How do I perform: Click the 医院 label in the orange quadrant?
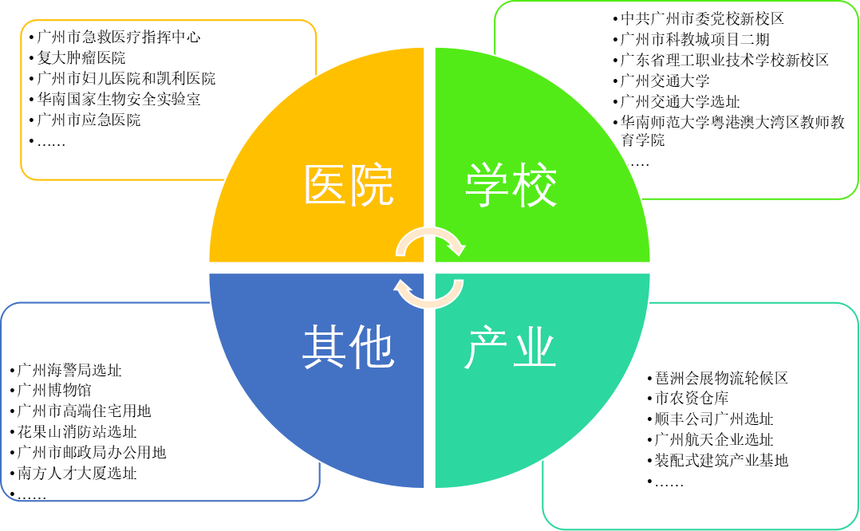(349, 186)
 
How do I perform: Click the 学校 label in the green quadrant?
(511, 186)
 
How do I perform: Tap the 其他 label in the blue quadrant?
(349, 348)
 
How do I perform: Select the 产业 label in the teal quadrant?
(511, 348)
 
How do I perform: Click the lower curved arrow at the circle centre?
(431, 294)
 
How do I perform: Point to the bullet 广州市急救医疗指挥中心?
(119, 37)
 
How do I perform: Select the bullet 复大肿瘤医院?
(81, 58)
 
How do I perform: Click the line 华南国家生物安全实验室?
(119, 100)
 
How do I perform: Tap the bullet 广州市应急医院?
(89, 120)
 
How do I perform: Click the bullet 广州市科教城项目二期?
(695, 39)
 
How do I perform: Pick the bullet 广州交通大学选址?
(681, 101)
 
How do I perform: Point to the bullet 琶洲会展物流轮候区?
(721, 378)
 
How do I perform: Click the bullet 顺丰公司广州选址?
(713, 419)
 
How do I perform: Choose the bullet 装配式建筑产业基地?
(721, 461)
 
